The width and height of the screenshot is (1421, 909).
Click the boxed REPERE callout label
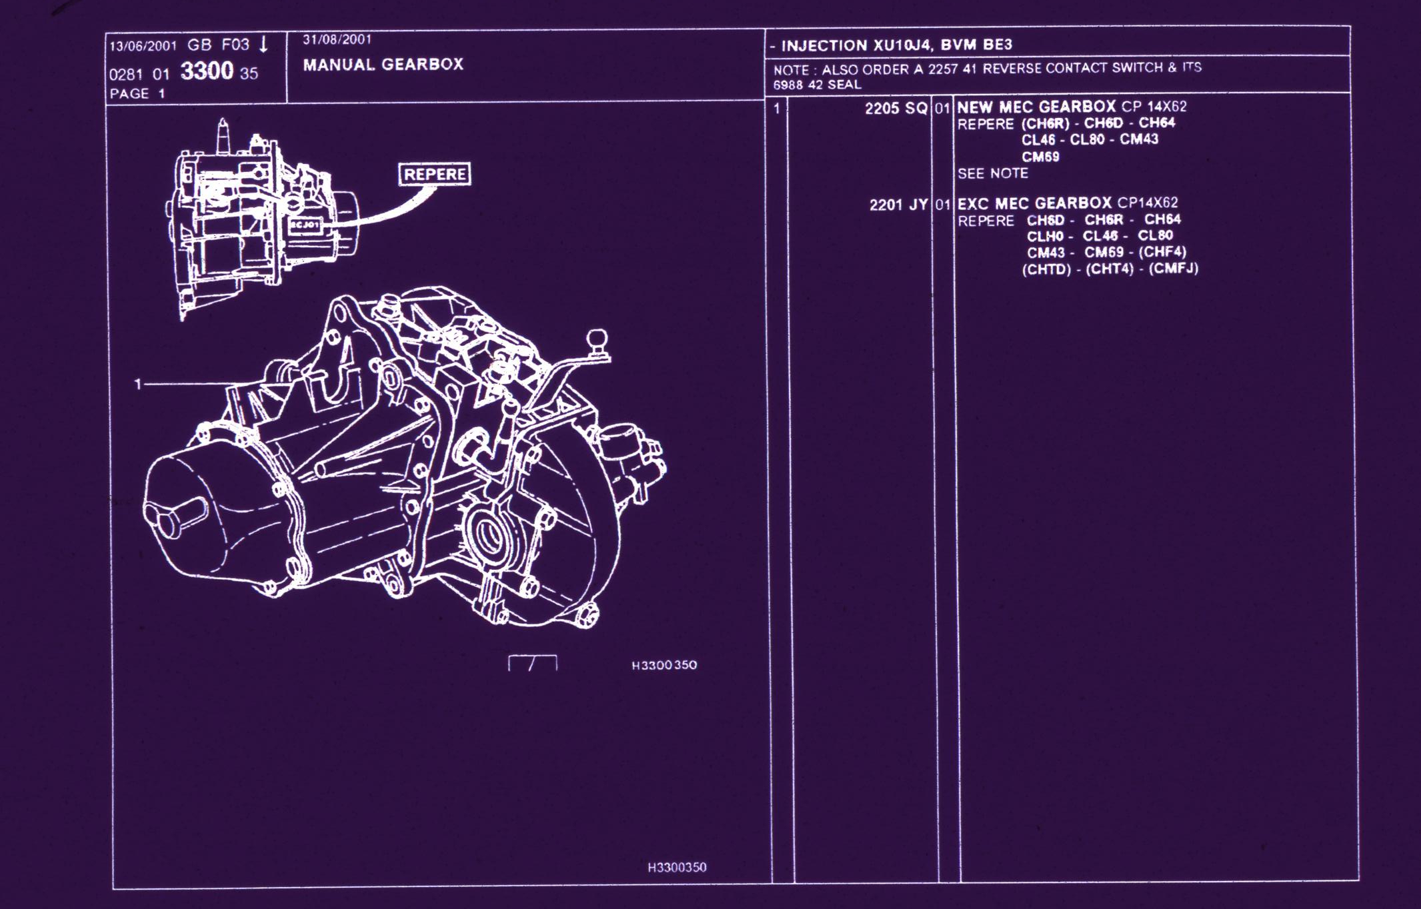click(434, 174)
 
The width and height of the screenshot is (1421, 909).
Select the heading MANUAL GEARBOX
click(383, 65)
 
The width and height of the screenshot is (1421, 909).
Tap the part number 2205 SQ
click(896, 108)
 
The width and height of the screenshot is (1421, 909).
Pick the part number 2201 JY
click(898, 205)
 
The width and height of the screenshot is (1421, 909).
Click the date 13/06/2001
click(143, 46)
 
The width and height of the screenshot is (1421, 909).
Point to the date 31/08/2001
click(337, 39)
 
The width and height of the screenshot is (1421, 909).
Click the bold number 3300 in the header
click(207, 71)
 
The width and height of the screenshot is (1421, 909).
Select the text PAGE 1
click(137, 93)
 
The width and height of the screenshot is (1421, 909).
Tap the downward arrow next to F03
click(264, 45)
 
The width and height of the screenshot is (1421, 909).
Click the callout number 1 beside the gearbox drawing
click(138, 384)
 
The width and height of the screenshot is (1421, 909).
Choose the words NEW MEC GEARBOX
click(1036, 107)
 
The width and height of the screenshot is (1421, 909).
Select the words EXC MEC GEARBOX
click(1034, 203)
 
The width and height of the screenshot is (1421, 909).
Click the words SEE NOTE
click(993, 173)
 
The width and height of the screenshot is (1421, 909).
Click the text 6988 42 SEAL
click(818, 85)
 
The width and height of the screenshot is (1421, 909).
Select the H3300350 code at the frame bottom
click(677, 867)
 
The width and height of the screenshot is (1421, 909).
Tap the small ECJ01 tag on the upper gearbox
click(305, 225)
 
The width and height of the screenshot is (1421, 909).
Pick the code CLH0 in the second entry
click(1045, 237)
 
